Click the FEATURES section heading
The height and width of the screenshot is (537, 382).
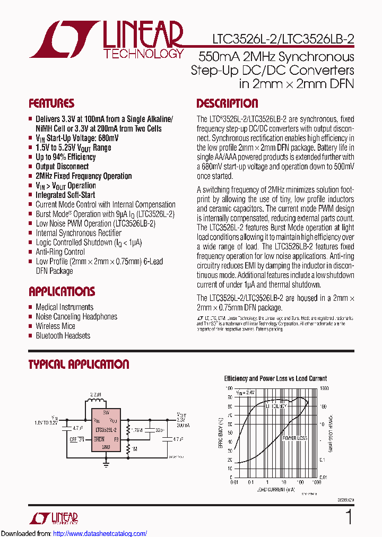coord(51,103)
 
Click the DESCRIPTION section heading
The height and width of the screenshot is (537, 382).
coord(227,103)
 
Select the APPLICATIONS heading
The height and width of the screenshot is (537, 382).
coord(62,291)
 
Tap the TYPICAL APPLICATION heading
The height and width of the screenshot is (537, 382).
coord(79,365)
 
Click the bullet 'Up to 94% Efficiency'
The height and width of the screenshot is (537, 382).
coord(65,157)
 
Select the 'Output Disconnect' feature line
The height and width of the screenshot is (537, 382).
coord(62,167)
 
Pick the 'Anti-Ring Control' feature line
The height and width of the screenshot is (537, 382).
coord(60,252)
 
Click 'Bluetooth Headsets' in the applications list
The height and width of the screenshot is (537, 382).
coord(63,335)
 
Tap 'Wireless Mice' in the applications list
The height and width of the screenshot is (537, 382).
coord(55,326)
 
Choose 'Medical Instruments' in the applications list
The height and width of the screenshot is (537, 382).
coord(64,307)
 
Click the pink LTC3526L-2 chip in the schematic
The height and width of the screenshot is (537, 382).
coord(106,430)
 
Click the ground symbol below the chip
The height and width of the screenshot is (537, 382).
coord(106,463)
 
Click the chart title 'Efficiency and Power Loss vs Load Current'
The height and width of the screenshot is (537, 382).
coord(275,378)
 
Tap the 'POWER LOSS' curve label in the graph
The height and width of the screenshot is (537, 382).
coord(294,438)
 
